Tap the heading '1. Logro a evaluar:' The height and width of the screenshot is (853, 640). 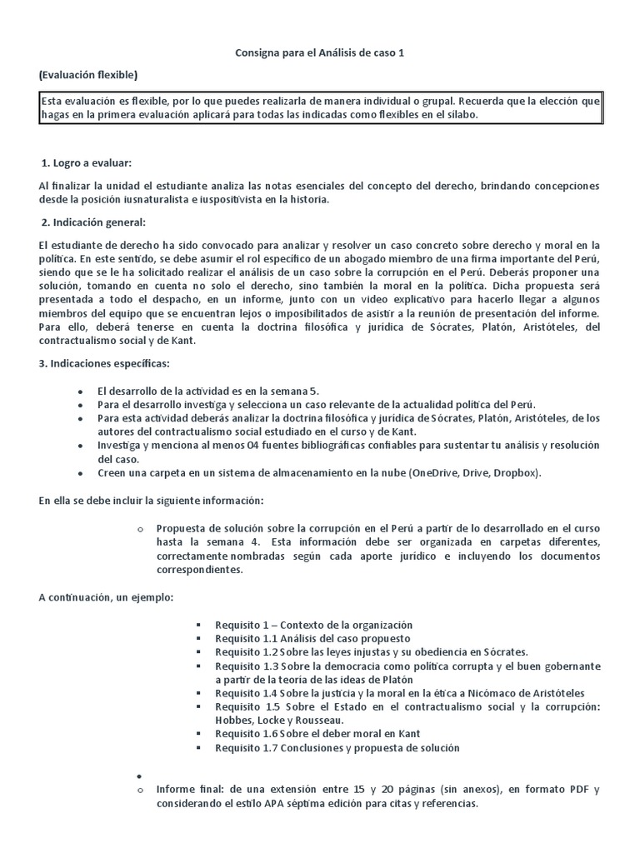click(92, 162)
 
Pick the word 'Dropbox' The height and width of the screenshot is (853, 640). click(512, 473)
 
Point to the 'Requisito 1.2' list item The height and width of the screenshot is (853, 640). click(371, 652)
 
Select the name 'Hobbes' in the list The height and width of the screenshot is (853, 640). click(234, 720)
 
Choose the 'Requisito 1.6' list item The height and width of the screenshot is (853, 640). click(317, 734)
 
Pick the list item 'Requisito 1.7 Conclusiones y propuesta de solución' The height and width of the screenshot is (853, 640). click(337, 748)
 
